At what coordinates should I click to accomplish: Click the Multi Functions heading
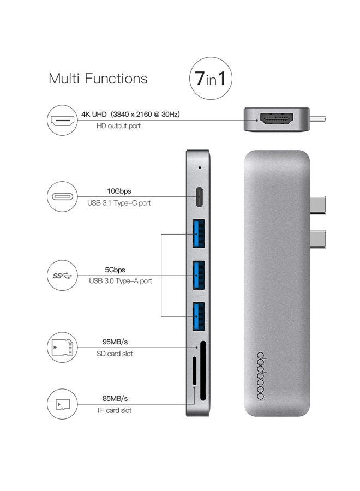point(98,79)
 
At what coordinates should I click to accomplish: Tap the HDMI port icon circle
point(62,120)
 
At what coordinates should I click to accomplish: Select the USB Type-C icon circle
point(62,197)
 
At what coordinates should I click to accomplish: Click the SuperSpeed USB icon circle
point(62,275)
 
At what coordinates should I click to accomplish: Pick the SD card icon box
point(62,347)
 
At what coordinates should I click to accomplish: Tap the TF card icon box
point(62,404)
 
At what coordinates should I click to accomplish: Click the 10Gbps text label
point(119,191)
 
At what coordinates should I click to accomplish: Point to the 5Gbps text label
point(115,270)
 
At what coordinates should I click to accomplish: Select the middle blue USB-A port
point(197,276)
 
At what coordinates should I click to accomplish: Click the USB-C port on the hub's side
point(198,197)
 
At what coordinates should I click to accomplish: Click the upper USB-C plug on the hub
point(317,205)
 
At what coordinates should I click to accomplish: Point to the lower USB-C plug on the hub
point(317,238)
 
